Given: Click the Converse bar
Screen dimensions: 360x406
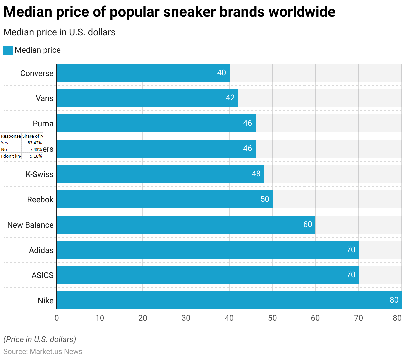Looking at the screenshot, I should (x=143, y=73).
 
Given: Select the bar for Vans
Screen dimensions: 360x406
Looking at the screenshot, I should (x=147, y=98).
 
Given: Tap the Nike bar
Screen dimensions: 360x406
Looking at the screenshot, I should (x=229, y=300).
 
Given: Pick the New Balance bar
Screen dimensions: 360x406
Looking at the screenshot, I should (x=186, y=225).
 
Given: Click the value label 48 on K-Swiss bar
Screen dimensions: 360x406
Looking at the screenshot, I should (x=256, y=174).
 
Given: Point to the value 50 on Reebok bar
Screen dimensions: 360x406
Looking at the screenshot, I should (x=265, y=199).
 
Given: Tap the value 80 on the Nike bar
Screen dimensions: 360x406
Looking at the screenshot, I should (x=394, y=300).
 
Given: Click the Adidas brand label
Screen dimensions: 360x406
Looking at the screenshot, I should (x=41, y=250).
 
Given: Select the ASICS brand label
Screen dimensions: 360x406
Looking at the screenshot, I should (x=42, y=275).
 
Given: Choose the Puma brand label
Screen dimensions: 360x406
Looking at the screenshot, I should (x=43, y=124).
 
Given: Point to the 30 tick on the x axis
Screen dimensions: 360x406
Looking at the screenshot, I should (x=186, y=318).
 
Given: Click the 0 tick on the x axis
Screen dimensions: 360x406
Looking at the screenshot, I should (x=57, y=318).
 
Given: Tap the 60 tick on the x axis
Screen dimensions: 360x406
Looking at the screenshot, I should (x=315, y=318).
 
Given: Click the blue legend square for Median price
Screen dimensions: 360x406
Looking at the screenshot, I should (x=8, y=51).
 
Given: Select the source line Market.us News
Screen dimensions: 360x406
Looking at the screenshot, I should (x=43, y=352).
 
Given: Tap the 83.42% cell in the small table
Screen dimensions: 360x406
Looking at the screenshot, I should (x=35, y=143).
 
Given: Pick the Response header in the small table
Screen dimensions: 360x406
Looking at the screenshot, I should (x=11, y=136).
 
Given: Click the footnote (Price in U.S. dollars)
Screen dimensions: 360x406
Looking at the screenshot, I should (x=40, y=339).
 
